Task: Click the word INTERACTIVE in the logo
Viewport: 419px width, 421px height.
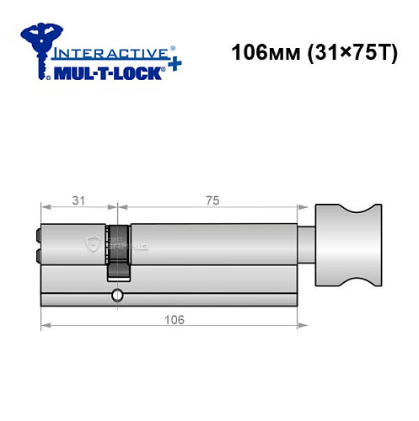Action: [105, 51]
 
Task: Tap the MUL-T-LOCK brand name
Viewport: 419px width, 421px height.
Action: [105, 72]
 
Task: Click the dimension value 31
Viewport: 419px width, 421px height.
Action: [79, 200]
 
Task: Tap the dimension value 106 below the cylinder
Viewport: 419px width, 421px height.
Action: [172, 321]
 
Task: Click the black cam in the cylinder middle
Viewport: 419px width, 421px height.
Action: [119, 251]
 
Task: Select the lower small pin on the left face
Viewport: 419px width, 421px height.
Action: [38, 253]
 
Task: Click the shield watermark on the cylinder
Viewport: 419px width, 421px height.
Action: [94, 244]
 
